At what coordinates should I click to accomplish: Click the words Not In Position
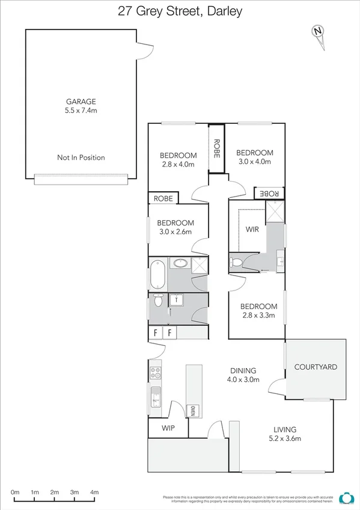pyautogui.click(x=81, y=158)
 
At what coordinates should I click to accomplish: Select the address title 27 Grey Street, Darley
pyautogui.click(x=180, y=10)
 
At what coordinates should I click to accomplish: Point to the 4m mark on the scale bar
pyautogui.click(x=94, y=493)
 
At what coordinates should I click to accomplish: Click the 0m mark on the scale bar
pyautogui.click(x=15, y=493)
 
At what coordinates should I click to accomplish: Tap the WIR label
pyautogui.click(x=252, y=229)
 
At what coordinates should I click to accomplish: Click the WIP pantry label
pyautogui.click(x=168, y=428)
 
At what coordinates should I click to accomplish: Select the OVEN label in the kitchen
pyautogui.click(x=193, y=411)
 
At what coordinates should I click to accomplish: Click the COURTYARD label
pyautogui.click(x=316, y=367)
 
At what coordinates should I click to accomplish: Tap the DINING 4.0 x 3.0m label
pyautogui.click(x=243, y=375)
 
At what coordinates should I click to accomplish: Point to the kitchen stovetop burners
pyautogui.click(x=156, y=373)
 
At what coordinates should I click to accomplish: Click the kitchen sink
pyautogui.click(x=156, y=398)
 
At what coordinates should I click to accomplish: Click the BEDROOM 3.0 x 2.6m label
pyautogui.click(x=177, y=227)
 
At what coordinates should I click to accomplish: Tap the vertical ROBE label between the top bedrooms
pyautogui.click(x=216, y=148)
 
